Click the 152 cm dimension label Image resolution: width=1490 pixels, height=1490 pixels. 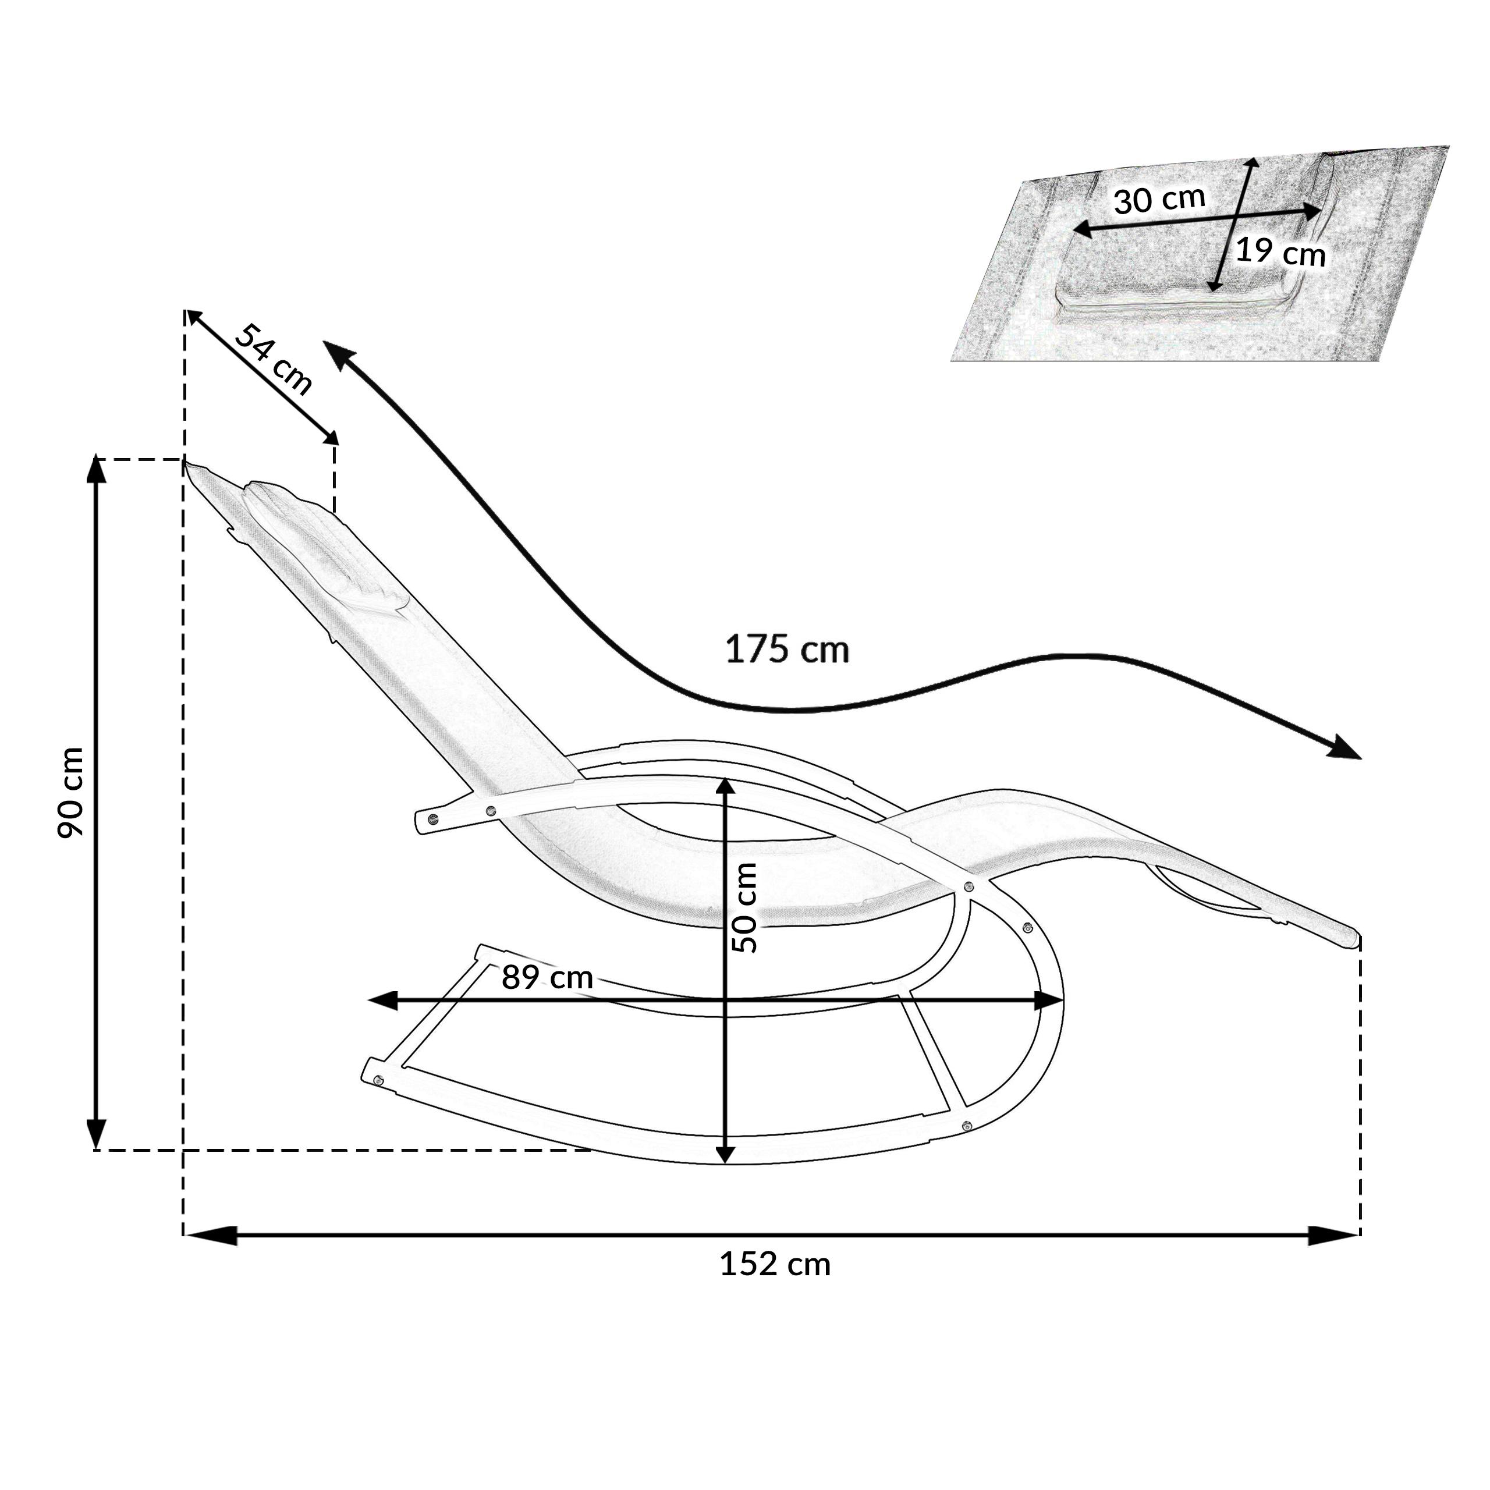775,1265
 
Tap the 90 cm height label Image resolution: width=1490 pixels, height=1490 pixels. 71,793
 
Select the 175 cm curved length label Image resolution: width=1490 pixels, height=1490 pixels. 787,650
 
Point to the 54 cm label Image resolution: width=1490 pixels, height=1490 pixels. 274,359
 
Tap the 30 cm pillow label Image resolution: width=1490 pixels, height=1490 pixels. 1159,200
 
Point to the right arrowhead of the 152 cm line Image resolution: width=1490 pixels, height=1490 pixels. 1333,1236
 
